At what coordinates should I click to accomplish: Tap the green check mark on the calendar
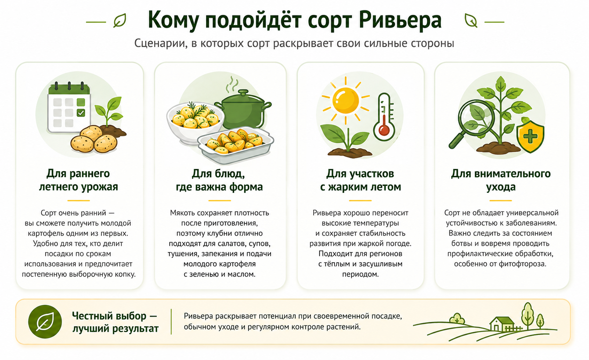point(81,113)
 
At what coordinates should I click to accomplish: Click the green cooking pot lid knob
point(243,93)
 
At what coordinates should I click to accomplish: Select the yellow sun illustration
point(346,100)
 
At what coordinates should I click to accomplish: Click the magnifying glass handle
point(457,141)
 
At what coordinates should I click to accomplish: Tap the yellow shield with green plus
point(530,137)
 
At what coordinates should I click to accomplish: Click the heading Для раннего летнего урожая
point(78,180)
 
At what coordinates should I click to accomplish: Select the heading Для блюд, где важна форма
point(219,180)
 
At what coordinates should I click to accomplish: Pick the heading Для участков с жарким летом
point(361,180)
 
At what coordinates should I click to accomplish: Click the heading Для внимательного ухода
point(501,180)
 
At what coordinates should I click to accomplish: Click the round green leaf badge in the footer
point(45,321)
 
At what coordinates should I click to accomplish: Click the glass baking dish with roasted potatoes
point(236,145)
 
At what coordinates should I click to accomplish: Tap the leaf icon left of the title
point(120,21)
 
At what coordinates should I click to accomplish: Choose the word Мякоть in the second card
point(182,213)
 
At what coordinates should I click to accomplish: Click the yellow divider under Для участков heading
point(360,201)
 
